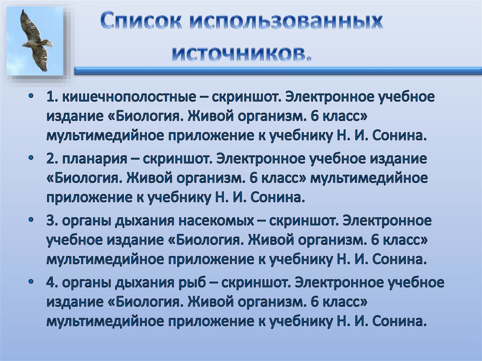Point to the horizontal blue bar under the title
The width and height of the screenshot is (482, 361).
coord(278,71)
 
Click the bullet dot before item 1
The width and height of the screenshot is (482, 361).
coord(31,96)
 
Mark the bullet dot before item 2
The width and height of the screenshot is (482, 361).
coord(31,158)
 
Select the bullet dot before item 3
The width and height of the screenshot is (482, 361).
coord(31,220)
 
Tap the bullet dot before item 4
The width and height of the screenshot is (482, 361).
coord(31,282)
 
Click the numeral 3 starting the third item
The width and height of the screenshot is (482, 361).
coord(50,220)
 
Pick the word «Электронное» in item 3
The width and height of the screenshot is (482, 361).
coord(385,220)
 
